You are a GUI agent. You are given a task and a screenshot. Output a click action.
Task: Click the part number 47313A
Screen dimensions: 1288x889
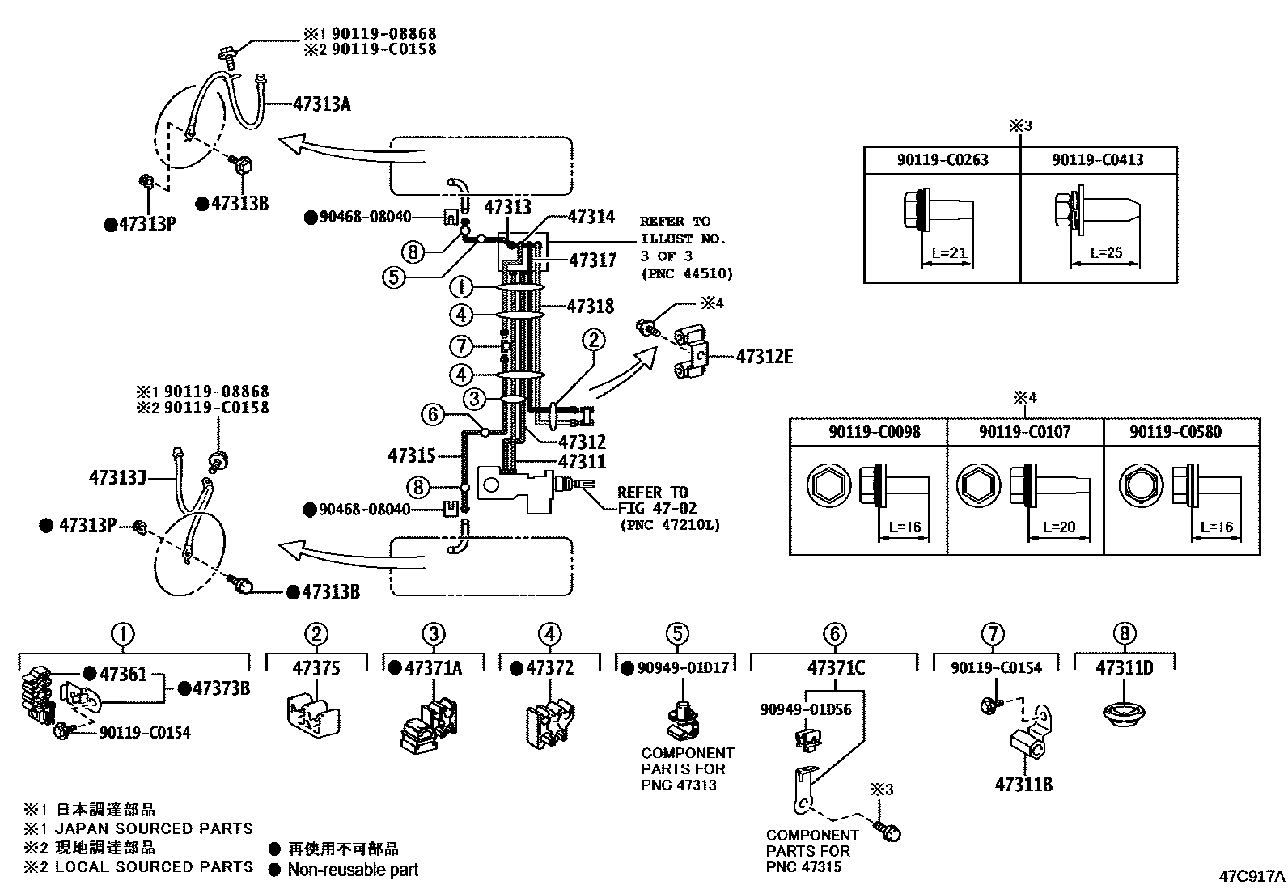tap(321, 104)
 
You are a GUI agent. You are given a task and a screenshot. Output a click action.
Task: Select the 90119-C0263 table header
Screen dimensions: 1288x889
tap(943, 160)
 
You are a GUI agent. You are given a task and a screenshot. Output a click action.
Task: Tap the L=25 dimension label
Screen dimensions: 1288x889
tap(1106, 252)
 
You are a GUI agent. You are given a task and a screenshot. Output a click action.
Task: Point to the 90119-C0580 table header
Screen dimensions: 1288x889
tap(1176, 432)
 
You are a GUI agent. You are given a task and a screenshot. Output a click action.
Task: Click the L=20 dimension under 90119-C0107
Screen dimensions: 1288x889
tap(1058, 527)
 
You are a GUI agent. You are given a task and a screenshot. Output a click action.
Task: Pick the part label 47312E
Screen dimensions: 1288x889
tap(765, 357)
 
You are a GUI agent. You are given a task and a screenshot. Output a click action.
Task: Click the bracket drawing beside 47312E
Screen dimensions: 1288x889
tap(690, 352)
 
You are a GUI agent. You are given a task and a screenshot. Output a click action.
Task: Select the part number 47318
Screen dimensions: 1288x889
tap(590, 307)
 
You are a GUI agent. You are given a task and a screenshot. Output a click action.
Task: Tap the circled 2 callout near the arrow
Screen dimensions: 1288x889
tap(593, 340)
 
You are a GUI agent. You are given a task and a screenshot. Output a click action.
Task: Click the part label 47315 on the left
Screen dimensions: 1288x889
tap(412, 456)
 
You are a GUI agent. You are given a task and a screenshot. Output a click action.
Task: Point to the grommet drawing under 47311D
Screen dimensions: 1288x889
tap(1124, 713)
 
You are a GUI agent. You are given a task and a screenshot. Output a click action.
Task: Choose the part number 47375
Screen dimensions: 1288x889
tap(316, 667)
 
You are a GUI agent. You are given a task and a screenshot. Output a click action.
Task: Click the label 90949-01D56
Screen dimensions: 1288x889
tap(806, 709)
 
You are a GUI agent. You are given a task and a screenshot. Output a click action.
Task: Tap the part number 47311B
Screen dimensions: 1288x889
tap(1023, 785)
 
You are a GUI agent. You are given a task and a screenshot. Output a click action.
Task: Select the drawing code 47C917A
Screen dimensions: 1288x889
tap(1252, 876)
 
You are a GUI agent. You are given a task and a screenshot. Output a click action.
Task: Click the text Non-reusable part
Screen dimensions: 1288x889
tap(353, 870)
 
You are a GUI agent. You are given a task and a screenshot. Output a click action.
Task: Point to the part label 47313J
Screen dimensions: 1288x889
tap(117, 477)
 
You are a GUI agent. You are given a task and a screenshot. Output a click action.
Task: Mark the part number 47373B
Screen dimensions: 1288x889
tap(222, 688)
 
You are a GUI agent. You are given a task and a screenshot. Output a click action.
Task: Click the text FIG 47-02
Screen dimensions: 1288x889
tap(657, 508)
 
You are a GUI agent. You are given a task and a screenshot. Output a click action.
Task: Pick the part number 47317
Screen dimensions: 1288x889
tap(593, 260)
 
